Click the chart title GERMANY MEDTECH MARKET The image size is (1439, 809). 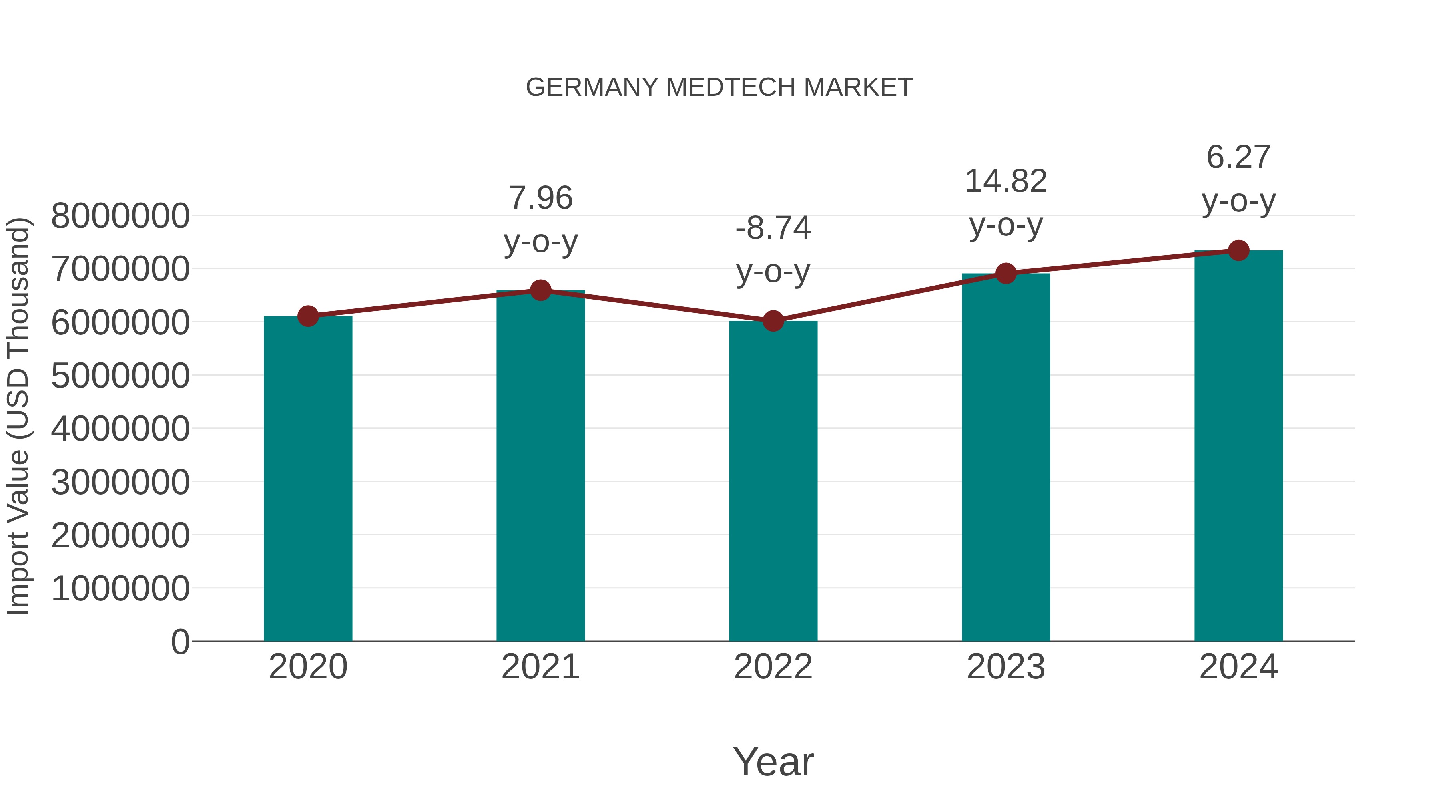click(x=719, y=87)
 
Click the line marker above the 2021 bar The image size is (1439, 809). click(x=540, y=290)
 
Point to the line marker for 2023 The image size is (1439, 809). click(x=1006, y=274)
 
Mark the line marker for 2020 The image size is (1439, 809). click(x=308, y=316)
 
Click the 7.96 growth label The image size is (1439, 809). click(x=540, y=198)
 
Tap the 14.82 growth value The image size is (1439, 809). click(x=1006, y=181)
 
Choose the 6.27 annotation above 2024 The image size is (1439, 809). click(x=1238, y=157)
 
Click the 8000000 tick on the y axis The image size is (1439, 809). click(x=120, y=216)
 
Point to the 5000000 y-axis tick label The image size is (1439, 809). click(x=120, y=376)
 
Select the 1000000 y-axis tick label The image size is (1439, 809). click(x=120, y=588)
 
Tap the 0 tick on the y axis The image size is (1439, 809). click(x=180, y=642)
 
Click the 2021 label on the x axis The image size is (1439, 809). click(x=540, y=667)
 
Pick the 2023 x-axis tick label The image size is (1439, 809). click(x=1006, y=667)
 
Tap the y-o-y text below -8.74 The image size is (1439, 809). click(x=773, y=272)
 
